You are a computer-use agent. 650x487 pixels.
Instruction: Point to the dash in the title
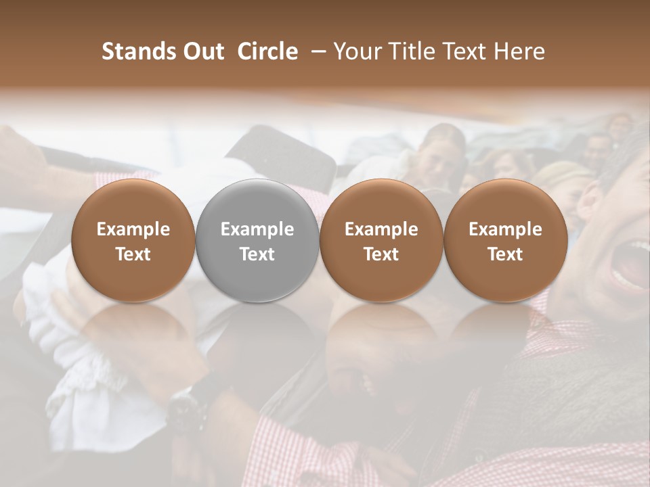316,51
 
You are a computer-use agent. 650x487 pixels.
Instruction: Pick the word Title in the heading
410,51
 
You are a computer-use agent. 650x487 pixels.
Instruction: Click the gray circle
257,240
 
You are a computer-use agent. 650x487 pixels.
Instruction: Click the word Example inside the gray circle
257,229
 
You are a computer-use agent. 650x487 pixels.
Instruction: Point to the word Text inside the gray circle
257,254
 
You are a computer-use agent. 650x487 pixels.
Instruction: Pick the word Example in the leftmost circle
133,229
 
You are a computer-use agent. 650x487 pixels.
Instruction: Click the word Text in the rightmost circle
505,254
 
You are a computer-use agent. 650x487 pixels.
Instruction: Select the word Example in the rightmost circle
505,229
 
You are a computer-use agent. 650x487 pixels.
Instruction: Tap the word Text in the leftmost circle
133,254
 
